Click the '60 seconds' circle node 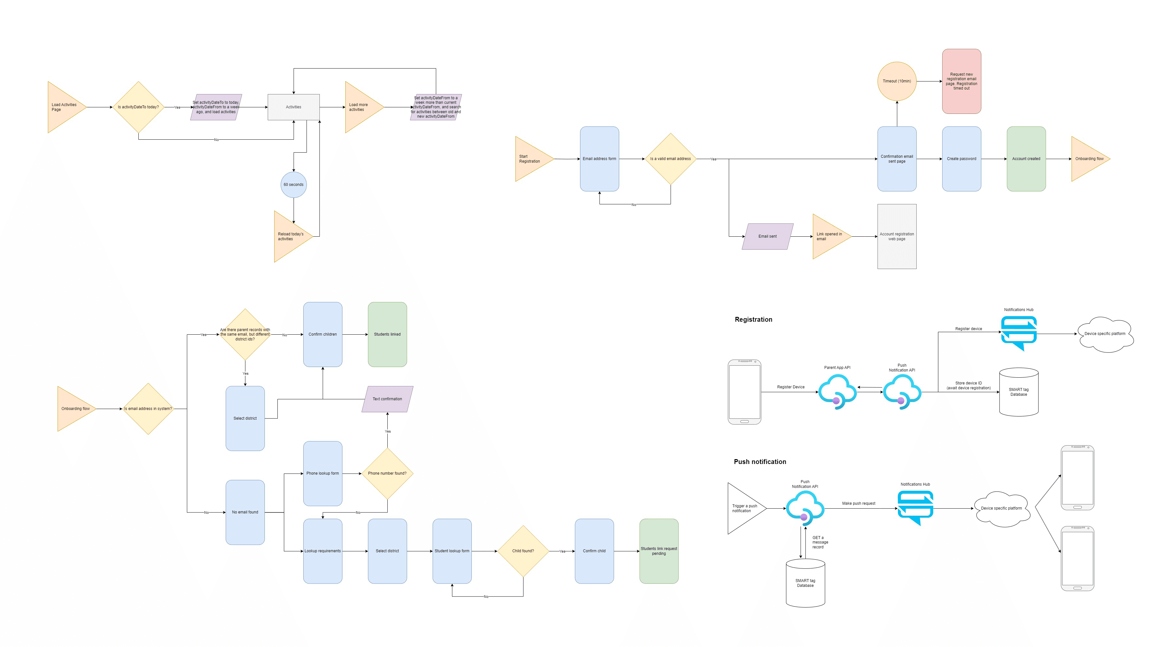point(293,184)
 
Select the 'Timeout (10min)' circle point(897,81)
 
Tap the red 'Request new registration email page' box point(961,81)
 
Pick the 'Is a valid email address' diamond point(670,158)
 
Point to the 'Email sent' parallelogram point(767,236)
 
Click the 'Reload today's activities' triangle point(289,236)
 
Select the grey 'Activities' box point(293,107)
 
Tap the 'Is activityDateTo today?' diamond point(138,107)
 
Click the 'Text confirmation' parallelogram point(387,399)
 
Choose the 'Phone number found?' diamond point(387,473)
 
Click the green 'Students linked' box point(387,334)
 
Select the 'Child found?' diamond point(523,551)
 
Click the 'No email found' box point(245,512)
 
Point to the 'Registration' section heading point(753,319)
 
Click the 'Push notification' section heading point(760,462)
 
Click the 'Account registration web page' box point(897,236)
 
